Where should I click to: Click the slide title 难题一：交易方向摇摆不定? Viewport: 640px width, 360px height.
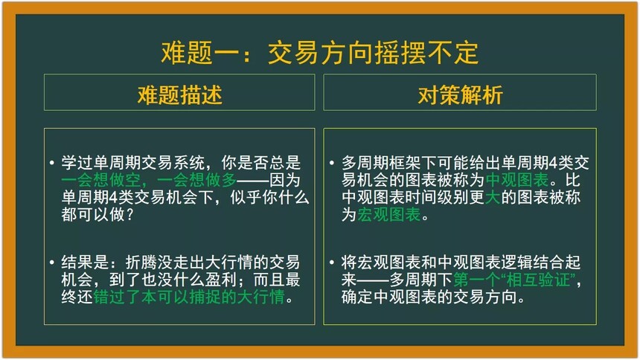pyautogui.click(x=319, y=53)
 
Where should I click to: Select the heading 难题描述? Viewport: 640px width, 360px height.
pyautogui.click(x=179, y=94)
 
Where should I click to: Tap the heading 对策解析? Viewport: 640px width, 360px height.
pyautogui.click(x=460, y=94)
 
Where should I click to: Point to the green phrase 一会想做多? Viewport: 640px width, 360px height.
pyautogui.click(x=196, y=180)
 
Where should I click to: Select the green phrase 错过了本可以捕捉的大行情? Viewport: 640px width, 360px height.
pyautogui.click(x=189, y=297)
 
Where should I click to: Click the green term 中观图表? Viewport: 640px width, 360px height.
pyautogui.click(x=517, y=180)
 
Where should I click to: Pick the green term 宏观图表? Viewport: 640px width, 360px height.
pyautogui.click(x=389, y=214)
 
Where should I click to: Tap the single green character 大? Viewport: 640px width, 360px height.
pyautogui.click(x=493, y=197)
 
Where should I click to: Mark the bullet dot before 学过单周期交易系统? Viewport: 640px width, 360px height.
pyautogui.click(x=51, y=163)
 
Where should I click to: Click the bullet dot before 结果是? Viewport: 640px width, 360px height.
pyautogui.click(x=51, y=262)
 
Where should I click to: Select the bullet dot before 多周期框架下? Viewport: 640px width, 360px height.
pyautogui.click(x=331, y=163)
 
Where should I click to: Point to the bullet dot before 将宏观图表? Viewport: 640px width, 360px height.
pyautogui.click(x=331, y=262)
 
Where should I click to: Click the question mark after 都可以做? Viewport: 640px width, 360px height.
pyautogui.click(x=129, y=215)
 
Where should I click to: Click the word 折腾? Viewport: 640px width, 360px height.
pyautogui.click(x=141, y=263)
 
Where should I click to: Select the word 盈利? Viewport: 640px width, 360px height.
pyautogui.click(x=221, y=280)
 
